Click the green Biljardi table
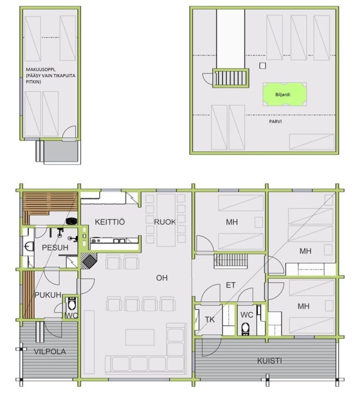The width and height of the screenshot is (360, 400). point(285,94)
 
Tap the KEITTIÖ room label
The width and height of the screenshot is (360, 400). point(110,222)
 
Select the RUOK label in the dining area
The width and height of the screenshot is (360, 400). point(165,222)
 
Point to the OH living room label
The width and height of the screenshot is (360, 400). point(162,278)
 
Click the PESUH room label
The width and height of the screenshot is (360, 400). point(55,248)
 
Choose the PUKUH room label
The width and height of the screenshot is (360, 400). point(48,295)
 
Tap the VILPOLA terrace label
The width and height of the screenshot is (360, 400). point(50,352)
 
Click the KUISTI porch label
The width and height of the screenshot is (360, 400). point(269,361)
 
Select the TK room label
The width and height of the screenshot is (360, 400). point(210,319)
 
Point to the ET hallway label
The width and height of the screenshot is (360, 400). point(231,285)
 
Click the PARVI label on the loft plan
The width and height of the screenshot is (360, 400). point(275,121)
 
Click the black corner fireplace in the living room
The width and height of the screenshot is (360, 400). point(89,261)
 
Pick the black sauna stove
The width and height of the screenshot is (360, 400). point(72,221)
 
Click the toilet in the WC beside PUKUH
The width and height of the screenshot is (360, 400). point(72,303)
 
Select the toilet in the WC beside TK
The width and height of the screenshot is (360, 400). point(246,329)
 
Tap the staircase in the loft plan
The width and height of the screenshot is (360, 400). point(231,78)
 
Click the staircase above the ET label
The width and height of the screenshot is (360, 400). point(231,261)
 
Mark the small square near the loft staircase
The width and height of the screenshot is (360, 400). point(262,66)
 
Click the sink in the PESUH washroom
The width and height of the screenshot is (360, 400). point(28,247)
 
